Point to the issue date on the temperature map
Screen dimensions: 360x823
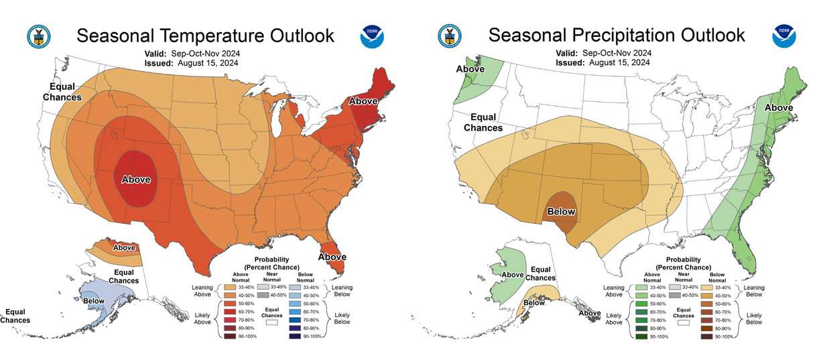[x=191, y=63]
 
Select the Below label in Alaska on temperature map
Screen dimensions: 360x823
[x=94, y=301]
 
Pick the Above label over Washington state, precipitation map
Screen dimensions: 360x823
[x=470, y=68]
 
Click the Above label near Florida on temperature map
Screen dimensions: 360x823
[x=332, y=257]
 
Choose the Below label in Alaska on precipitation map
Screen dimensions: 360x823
[x=534, y=302]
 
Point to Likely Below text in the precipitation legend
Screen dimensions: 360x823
[x=753, y=318]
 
